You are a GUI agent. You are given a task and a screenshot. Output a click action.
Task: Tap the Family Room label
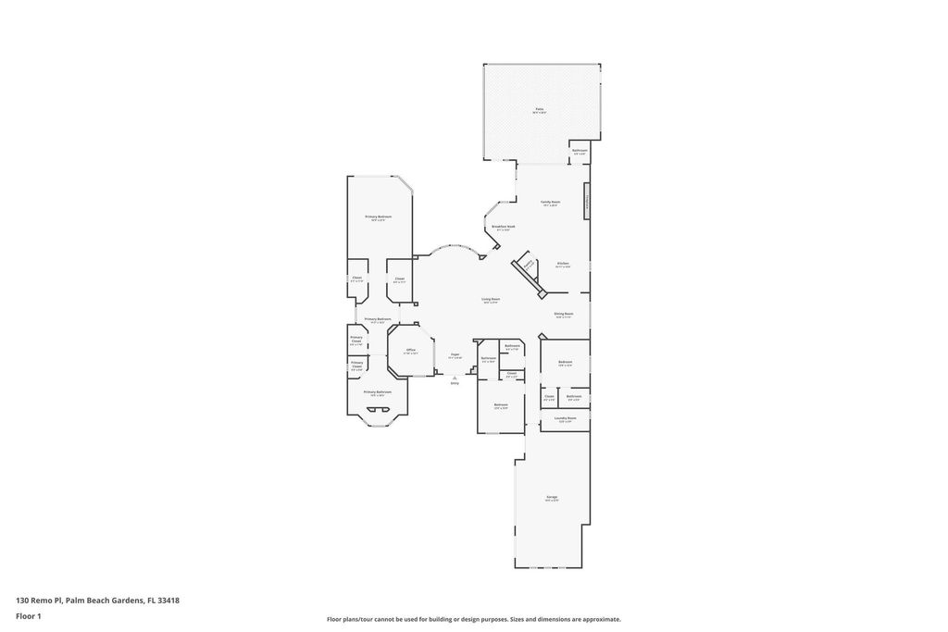(x=551, y=203)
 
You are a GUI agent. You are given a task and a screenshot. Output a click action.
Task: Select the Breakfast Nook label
(x=504, y=228)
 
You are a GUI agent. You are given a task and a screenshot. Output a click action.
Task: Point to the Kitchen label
(x=563, y=265)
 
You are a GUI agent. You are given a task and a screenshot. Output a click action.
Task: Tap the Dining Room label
(x=564, y=315)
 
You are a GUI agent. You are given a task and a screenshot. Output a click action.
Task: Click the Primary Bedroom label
(x=379, y=217)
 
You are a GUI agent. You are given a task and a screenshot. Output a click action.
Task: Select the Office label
(x=410, y=351)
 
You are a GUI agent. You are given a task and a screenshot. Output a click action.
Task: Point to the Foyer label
(x=455, y=355)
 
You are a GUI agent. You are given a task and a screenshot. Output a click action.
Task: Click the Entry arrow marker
(x=455, y=378)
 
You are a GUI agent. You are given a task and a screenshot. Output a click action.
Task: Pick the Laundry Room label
(x=566, y=419)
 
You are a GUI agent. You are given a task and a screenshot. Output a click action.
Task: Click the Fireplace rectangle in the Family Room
(x=586, y=201)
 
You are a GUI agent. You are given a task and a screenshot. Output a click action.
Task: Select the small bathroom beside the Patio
(x=580, y=152)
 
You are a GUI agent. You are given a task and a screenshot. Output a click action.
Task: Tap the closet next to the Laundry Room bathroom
(x=549, y=398)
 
